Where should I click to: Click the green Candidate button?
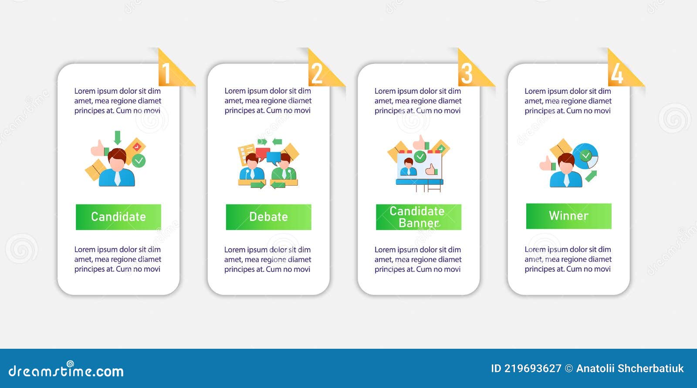point(118,217)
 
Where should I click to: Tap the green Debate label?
point(268,217)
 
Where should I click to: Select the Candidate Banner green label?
point(419,217)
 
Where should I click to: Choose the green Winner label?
point(569,216)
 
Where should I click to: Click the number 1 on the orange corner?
point(166,74)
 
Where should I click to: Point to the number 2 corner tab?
point(317,74)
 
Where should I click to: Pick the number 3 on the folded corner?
point(467,74)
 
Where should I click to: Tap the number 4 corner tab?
point(617,74)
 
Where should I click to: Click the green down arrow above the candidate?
point(117,138)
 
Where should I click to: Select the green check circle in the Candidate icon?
point(139,161)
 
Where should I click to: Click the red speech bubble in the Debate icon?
point(262,153)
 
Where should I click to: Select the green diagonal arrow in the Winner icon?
point(591,176)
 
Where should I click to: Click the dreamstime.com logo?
point(66,370)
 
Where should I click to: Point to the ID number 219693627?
point(533,369)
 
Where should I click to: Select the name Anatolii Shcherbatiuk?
point(630,369)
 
